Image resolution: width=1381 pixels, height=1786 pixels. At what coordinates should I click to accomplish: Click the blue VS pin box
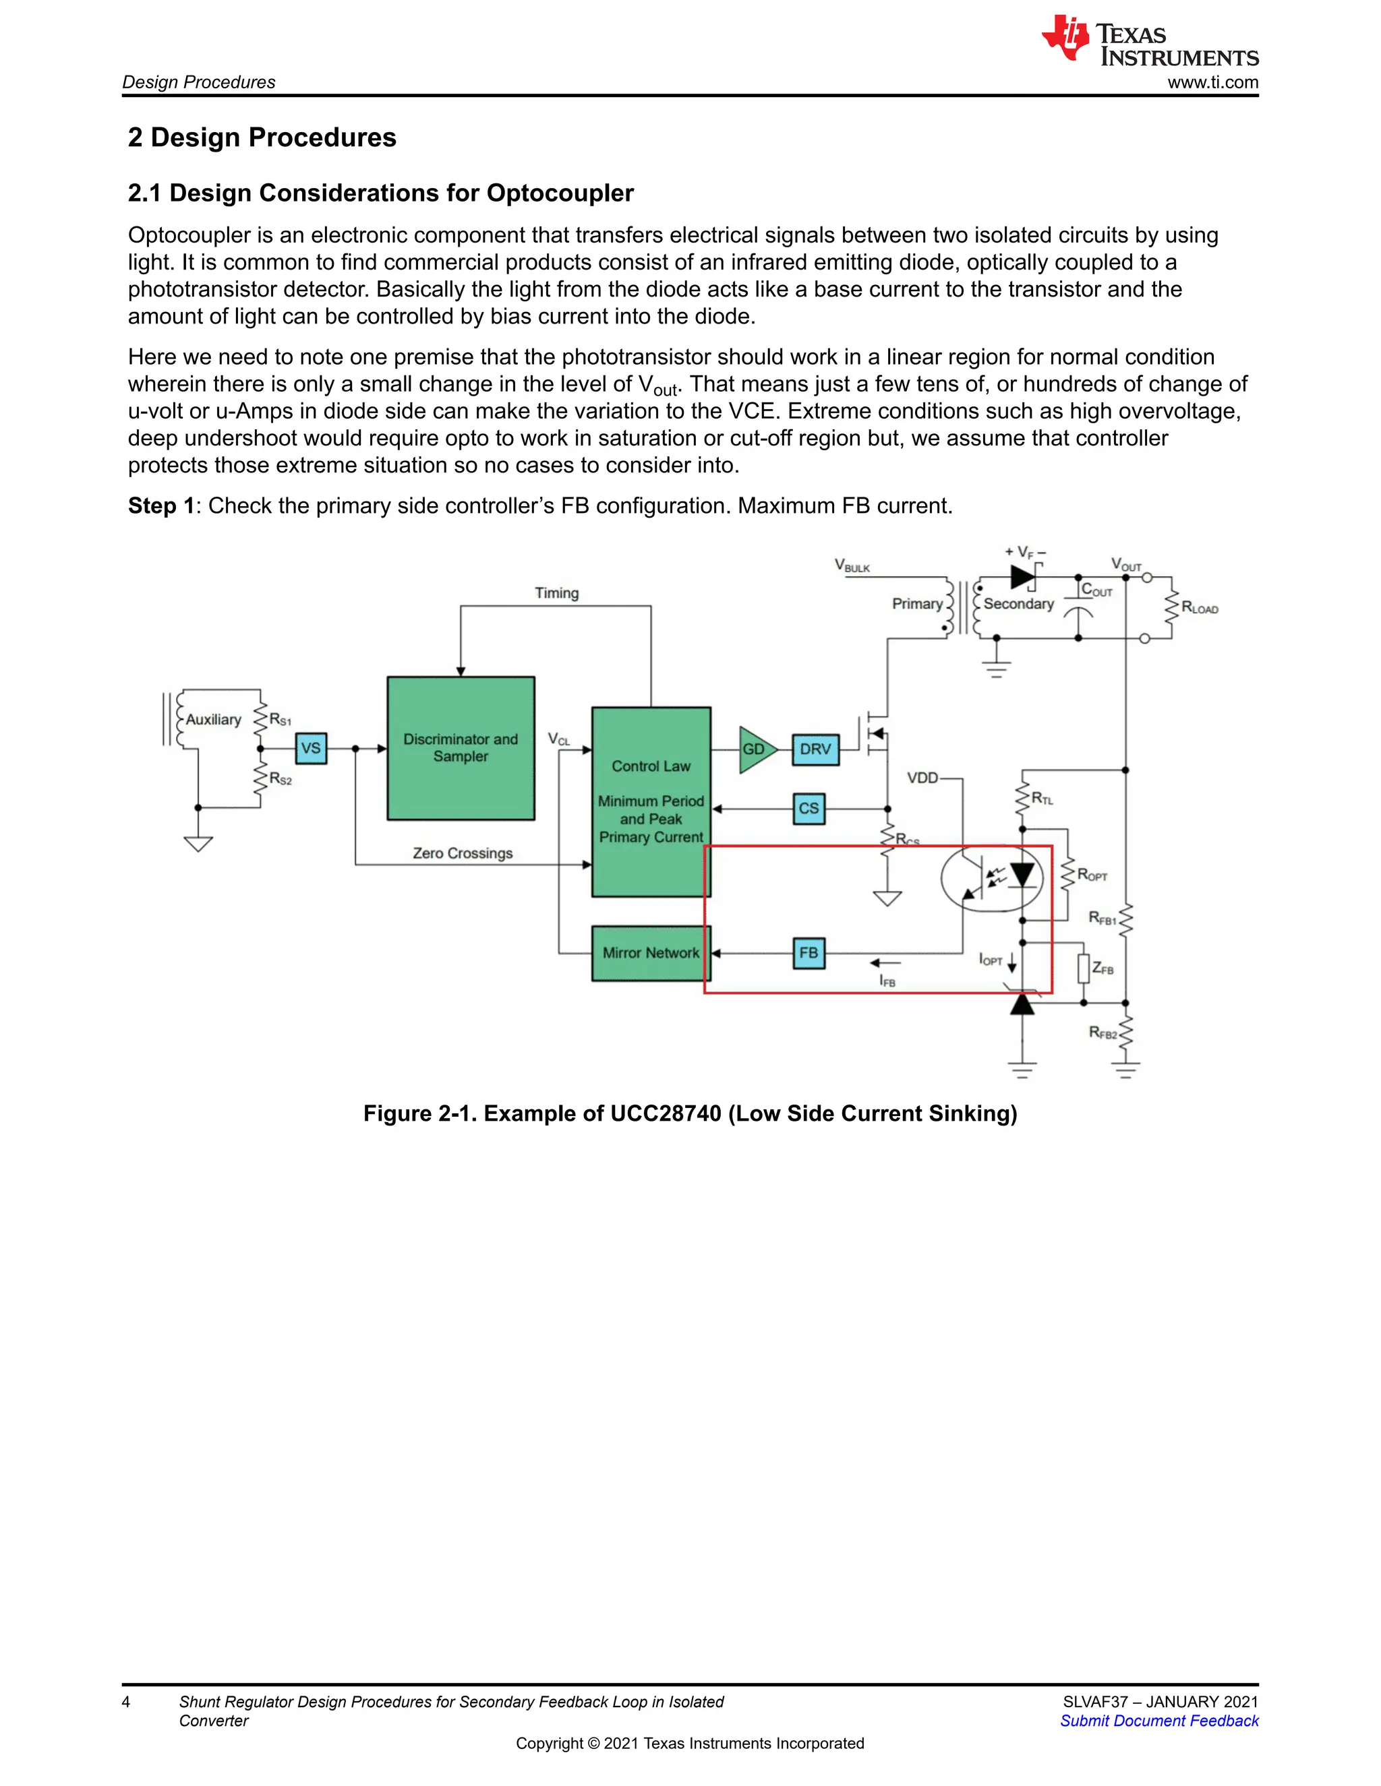click(311, 748)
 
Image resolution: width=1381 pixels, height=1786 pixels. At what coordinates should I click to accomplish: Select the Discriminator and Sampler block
click(461, 748)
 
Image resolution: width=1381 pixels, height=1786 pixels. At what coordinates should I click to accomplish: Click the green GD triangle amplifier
click(755, 749)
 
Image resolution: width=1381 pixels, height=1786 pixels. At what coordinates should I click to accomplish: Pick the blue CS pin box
click(809, 809)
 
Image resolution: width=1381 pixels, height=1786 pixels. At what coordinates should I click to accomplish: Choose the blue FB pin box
click(809, 953)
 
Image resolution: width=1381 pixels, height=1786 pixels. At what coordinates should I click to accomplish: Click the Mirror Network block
click(651, 953)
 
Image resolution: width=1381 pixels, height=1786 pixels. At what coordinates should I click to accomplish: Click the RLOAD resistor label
click(1200, 608)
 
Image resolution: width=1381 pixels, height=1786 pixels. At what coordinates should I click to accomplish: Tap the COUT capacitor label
click(1096, 590)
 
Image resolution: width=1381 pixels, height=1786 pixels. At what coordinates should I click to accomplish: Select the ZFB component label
click(1103, 969)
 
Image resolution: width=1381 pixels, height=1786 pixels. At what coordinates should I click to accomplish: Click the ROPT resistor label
click(1092, 875)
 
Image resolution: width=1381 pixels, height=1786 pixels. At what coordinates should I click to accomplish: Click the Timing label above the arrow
click(556, 593)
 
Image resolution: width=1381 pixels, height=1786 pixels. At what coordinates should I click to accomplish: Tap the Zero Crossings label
click(462, 853)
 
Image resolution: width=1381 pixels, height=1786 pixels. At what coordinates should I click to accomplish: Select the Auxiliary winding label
click(214, 720)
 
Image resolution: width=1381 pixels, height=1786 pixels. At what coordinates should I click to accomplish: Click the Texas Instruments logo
click(1150, 41)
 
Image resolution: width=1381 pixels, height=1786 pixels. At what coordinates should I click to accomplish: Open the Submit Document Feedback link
click(1158, 1721)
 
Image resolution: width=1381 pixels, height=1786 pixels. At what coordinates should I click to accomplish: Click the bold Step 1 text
click(161, 505)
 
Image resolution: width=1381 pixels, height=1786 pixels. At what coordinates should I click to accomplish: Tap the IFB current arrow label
click(887, 981)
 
